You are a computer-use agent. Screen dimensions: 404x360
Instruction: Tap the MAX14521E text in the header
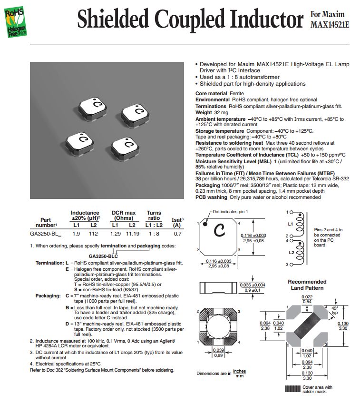(x=330, y=24)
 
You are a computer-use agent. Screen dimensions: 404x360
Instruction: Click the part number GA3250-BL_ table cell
(x=46, y=234)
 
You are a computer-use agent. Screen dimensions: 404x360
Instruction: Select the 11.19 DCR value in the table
(x=132, y=234)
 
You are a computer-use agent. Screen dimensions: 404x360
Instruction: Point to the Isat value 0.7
(x=177, y=234)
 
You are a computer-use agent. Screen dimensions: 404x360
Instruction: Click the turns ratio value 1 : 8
(x=154, y=234)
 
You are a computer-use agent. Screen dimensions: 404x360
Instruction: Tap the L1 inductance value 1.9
(x=76, y=234)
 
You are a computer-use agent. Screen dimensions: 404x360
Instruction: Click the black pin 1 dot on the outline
(x=204, y=224)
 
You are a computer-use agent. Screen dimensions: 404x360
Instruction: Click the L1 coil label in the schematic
(x=290, y=223)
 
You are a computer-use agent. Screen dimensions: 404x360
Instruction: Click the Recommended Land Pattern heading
(x=307, y=285)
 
